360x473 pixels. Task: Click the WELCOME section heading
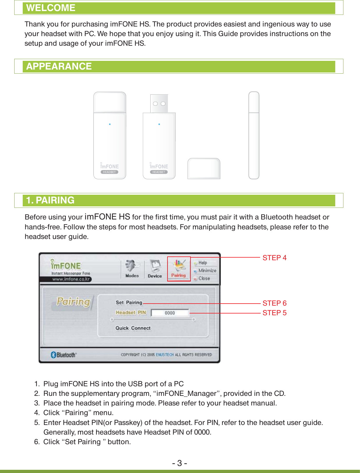point(51,8)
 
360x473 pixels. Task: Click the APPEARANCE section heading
point(59,66)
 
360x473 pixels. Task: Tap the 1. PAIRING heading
point(50,200)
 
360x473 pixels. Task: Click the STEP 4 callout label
point(274,258)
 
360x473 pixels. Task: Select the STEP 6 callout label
point(274,303)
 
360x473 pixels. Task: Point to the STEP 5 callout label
point(274,313)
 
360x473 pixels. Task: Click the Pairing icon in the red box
point(179,268)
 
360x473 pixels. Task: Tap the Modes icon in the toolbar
point(132,268)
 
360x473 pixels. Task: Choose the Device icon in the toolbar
point(155,268)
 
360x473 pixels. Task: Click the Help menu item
point(203,263)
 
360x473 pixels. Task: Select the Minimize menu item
point(207,271)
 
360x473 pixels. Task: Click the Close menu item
point(204,279)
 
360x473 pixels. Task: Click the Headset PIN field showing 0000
point(170,313)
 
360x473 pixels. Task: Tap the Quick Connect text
point(133,328)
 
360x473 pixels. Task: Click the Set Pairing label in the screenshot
point(129,302)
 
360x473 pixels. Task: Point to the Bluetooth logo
point(63,355)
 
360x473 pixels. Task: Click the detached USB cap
point(204,168)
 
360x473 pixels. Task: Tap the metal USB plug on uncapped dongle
point(159,103)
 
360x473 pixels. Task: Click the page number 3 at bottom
point(179,463)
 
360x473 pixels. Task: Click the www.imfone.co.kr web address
point(71,279)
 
